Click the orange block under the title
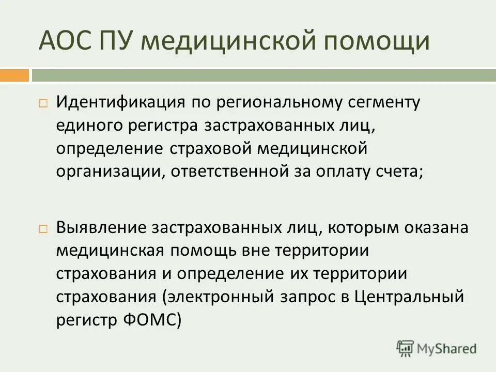click(x=14, y=75)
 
